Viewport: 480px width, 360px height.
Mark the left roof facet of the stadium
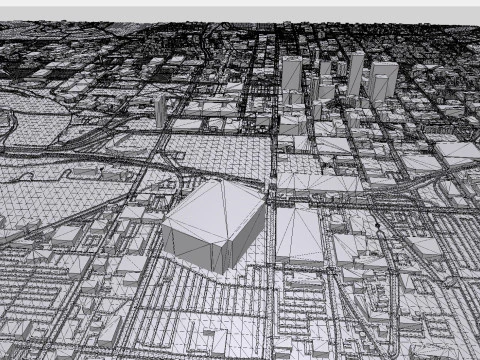coord(196,205)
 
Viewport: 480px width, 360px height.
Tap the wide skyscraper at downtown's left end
coord(291,74)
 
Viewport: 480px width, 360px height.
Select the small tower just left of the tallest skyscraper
coord(341,69)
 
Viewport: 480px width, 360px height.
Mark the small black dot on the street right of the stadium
coord(377,227)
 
